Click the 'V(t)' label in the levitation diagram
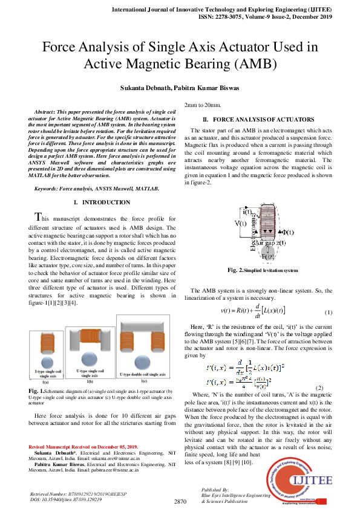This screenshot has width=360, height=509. tap(241, 224)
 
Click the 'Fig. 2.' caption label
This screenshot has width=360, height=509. tap(234, 270)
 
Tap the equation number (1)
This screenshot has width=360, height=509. tap(329, 312)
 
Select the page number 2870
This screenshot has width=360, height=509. tap(182, 502)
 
